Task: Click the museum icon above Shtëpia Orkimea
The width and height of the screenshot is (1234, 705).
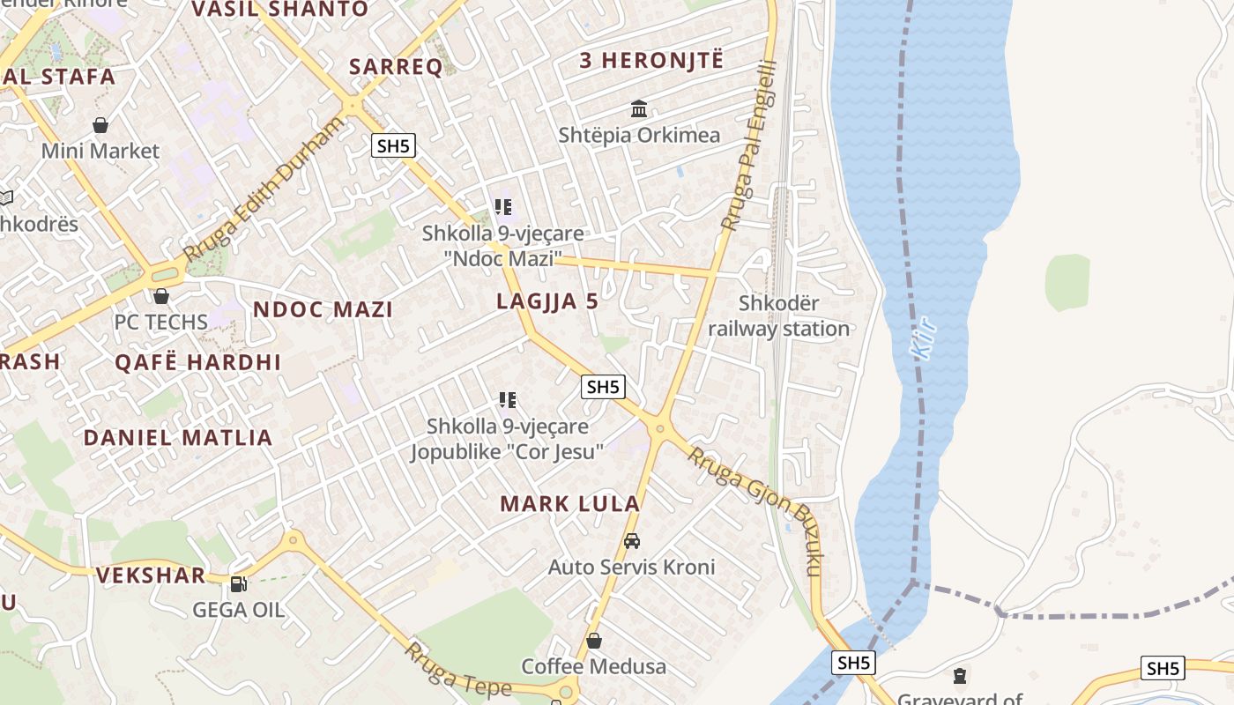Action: tap(639, 109)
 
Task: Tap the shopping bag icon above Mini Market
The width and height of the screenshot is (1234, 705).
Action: tap(100, 125)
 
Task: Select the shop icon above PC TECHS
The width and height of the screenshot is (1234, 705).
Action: tap(160, 296)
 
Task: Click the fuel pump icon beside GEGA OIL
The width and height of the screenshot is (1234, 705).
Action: tap(237, 583)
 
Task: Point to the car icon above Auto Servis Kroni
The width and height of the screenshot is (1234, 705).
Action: tap(631, 541)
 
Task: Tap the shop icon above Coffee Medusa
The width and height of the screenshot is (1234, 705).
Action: tap(594, 641)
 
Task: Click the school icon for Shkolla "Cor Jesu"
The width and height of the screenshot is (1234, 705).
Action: tap(507, 401)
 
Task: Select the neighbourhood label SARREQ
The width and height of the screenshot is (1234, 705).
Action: tap(396, 67)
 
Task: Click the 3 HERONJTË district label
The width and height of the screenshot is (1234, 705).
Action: tap(650, 61)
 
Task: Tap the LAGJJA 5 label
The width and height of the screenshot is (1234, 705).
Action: tap(547, 301)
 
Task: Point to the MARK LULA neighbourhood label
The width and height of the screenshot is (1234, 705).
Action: tap(569, 504)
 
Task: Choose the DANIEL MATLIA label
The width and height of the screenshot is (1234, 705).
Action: tap(178, 437)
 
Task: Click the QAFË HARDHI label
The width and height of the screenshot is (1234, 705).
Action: tap(198, 362)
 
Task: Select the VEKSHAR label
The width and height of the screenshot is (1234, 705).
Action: tap(151, 575)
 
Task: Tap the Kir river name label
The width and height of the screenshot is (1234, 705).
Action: tap(924, 338)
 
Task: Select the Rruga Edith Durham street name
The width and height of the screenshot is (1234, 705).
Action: tap(264, 189)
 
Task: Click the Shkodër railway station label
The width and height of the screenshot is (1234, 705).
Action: tap(779, 316)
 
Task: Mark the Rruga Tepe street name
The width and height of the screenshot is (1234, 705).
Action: tap(445, 670)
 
